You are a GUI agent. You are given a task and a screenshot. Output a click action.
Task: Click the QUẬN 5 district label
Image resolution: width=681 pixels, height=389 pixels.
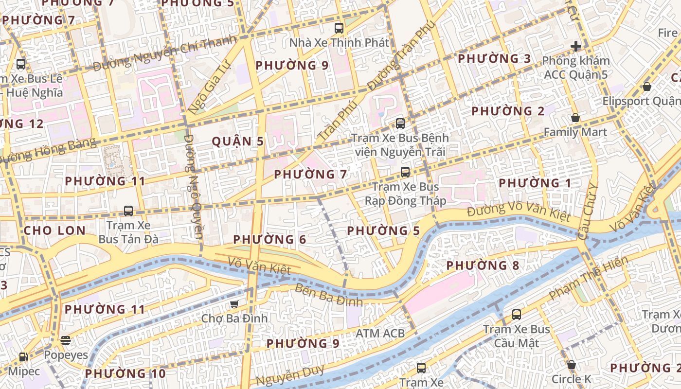pyautogui.click(x=238, y=141)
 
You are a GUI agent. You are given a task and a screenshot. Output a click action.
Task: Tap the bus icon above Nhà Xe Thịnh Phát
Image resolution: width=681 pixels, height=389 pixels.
pyautogui.click(x=339, y=28)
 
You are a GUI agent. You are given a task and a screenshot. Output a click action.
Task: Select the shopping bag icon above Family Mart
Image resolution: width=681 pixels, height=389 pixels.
pyautogui.click(x=575, y=118)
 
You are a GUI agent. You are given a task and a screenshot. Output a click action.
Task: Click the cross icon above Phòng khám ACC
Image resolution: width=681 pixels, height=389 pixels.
pyautogui.click(x=576, y=47)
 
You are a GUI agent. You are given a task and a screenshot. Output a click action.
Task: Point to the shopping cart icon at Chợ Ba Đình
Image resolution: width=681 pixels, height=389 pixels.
pyautogui.click(x=234, y=304)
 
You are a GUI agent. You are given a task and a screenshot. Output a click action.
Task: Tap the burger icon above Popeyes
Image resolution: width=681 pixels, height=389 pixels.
pyautogui.click(x=66, y=340)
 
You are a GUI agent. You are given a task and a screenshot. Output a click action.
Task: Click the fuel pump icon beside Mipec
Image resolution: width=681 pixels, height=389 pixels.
pyautogui.click(x=23, y=357)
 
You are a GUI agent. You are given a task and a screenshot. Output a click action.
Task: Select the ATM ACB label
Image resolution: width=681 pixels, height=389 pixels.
pyautogui.click(x=380, y=333)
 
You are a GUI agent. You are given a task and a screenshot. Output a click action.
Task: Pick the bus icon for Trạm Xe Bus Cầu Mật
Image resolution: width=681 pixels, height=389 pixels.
pyautogui.click(x=517, y=315)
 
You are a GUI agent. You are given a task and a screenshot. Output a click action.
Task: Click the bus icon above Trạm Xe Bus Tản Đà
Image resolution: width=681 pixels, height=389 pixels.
pyautogui.click(x=128, y=211)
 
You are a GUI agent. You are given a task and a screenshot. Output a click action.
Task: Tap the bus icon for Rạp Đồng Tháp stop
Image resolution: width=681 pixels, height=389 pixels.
pyautogui.click(x=405, y=172)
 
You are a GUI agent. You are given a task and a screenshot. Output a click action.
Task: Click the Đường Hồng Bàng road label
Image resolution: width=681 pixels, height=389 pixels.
pyautogui.click(x=47, y=151)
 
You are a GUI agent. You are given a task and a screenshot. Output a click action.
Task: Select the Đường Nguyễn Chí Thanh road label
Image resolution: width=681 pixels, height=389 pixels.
pyautogui.click(x=164, y=53)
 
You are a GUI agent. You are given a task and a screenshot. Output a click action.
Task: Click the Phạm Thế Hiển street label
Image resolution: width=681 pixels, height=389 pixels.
pyautogui.click(x=588, y=278)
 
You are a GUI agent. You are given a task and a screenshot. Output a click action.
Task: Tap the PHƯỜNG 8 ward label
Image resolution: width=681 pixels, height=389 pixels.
pyautogui.click(x=483, y=265)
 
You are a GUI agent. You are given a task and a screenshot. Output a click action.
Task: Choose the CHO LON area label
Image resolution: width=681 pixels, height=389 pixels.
pyautogui.click(x=54, y=230)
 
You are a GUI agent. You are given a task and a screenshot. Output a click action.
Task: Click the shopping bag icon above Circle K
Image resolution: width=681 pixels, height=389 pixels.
pyautogui.click(x=572, y=365)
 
